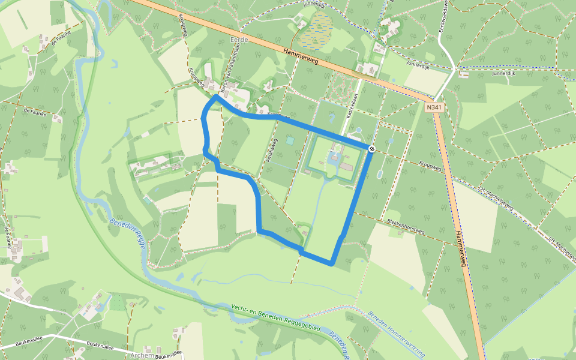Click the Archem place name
(x=142, y=354)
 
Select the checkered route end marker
(x=372, y=148)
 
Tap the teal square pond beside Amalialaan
(x=290, y=140)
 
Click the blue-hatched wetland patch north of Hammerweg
(x=316, y=32)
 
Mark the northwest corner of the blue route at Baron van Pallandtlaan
(x=214, y=96)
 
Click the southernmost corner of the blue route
(x=331, y=263)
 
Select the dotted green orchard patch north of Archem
(x=118, y=302)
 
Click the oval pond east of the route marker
(x=380, y=174)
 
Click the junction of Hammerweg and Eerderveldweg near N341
(x=433, y=98)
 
